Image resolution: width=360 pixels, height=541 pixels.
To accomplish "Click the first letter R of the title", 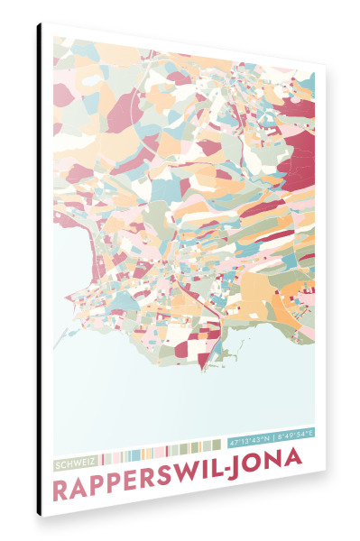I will [x=61, y=491].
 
